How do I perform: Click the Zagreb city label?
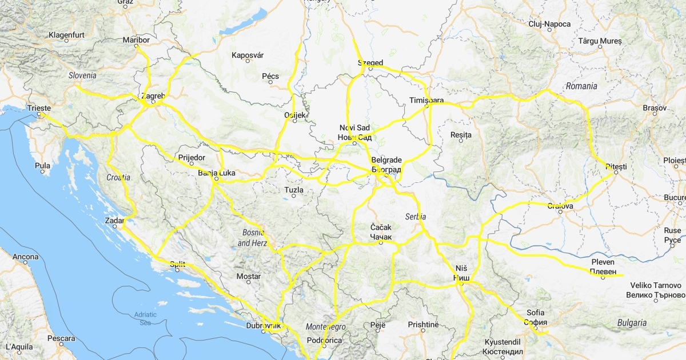point(153,96)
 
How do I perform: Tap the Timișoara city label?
point(426,100)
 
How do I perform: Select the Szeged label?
point(370,62)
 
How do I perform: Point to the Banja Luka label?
point(216,172)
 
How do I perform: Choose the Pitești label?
point(616,166)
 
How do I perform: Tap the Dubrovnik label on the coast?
point(264,326)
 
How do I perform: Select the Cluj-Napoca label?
point(549,23)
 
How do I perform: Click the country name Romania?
point(581,86)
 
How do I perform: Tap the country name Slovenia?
point(82,75)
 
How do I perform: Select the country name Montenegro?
point(326,327)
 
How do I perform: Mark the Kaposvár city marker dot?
point(248,61)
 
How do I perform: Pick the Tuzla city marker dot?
point(294,196)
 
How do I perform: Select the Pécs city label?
point(270,76)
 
